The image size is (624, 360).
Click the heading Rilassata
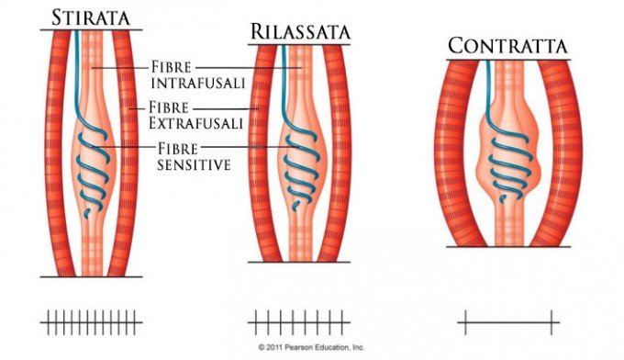point(299,31)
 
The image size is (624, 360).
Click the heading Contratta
point(508,46)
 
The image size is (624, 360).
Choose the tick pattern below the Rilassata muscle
point(299,321)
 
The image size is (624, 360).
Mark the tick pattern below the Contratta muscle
point(508,321)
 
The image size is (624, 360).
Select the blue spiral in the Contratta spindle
point(507,161)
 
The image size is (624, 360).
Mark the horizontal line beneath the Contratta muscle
point(508,246)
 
